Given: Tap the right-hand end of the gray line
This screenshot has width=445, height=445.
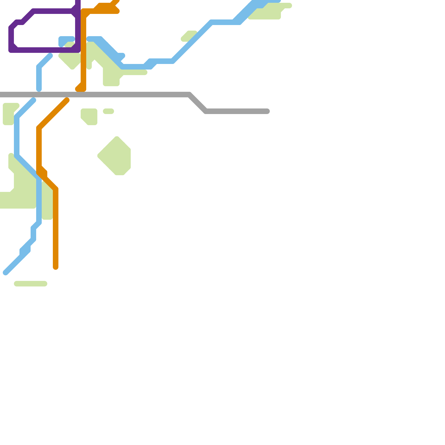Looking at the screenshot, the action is (268, 111).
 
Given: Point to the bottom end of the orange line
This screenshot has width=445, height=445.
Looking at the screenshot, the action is (56, 268).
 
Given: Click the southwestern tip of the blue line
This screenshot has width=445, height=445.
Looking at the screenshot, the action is (6, 273).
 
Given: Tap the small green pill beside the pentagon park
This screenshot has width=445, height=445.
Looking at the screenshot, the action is (108, 111).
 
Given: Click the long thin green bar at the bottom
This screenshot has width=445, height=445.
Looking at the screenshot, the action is (31, 284).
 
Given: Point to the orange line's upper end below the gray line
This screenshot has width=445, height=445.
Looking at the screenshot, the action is (67, 100).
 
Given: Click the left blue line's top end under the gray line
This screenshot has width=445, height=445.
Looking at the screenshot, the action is (33, 100).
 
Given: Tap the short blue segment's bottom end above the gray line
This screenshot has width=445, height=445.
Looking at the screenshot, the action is (39, 89).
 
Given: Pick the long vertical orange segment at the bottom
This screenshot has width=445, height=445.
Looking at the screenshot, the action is (56, 228).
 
